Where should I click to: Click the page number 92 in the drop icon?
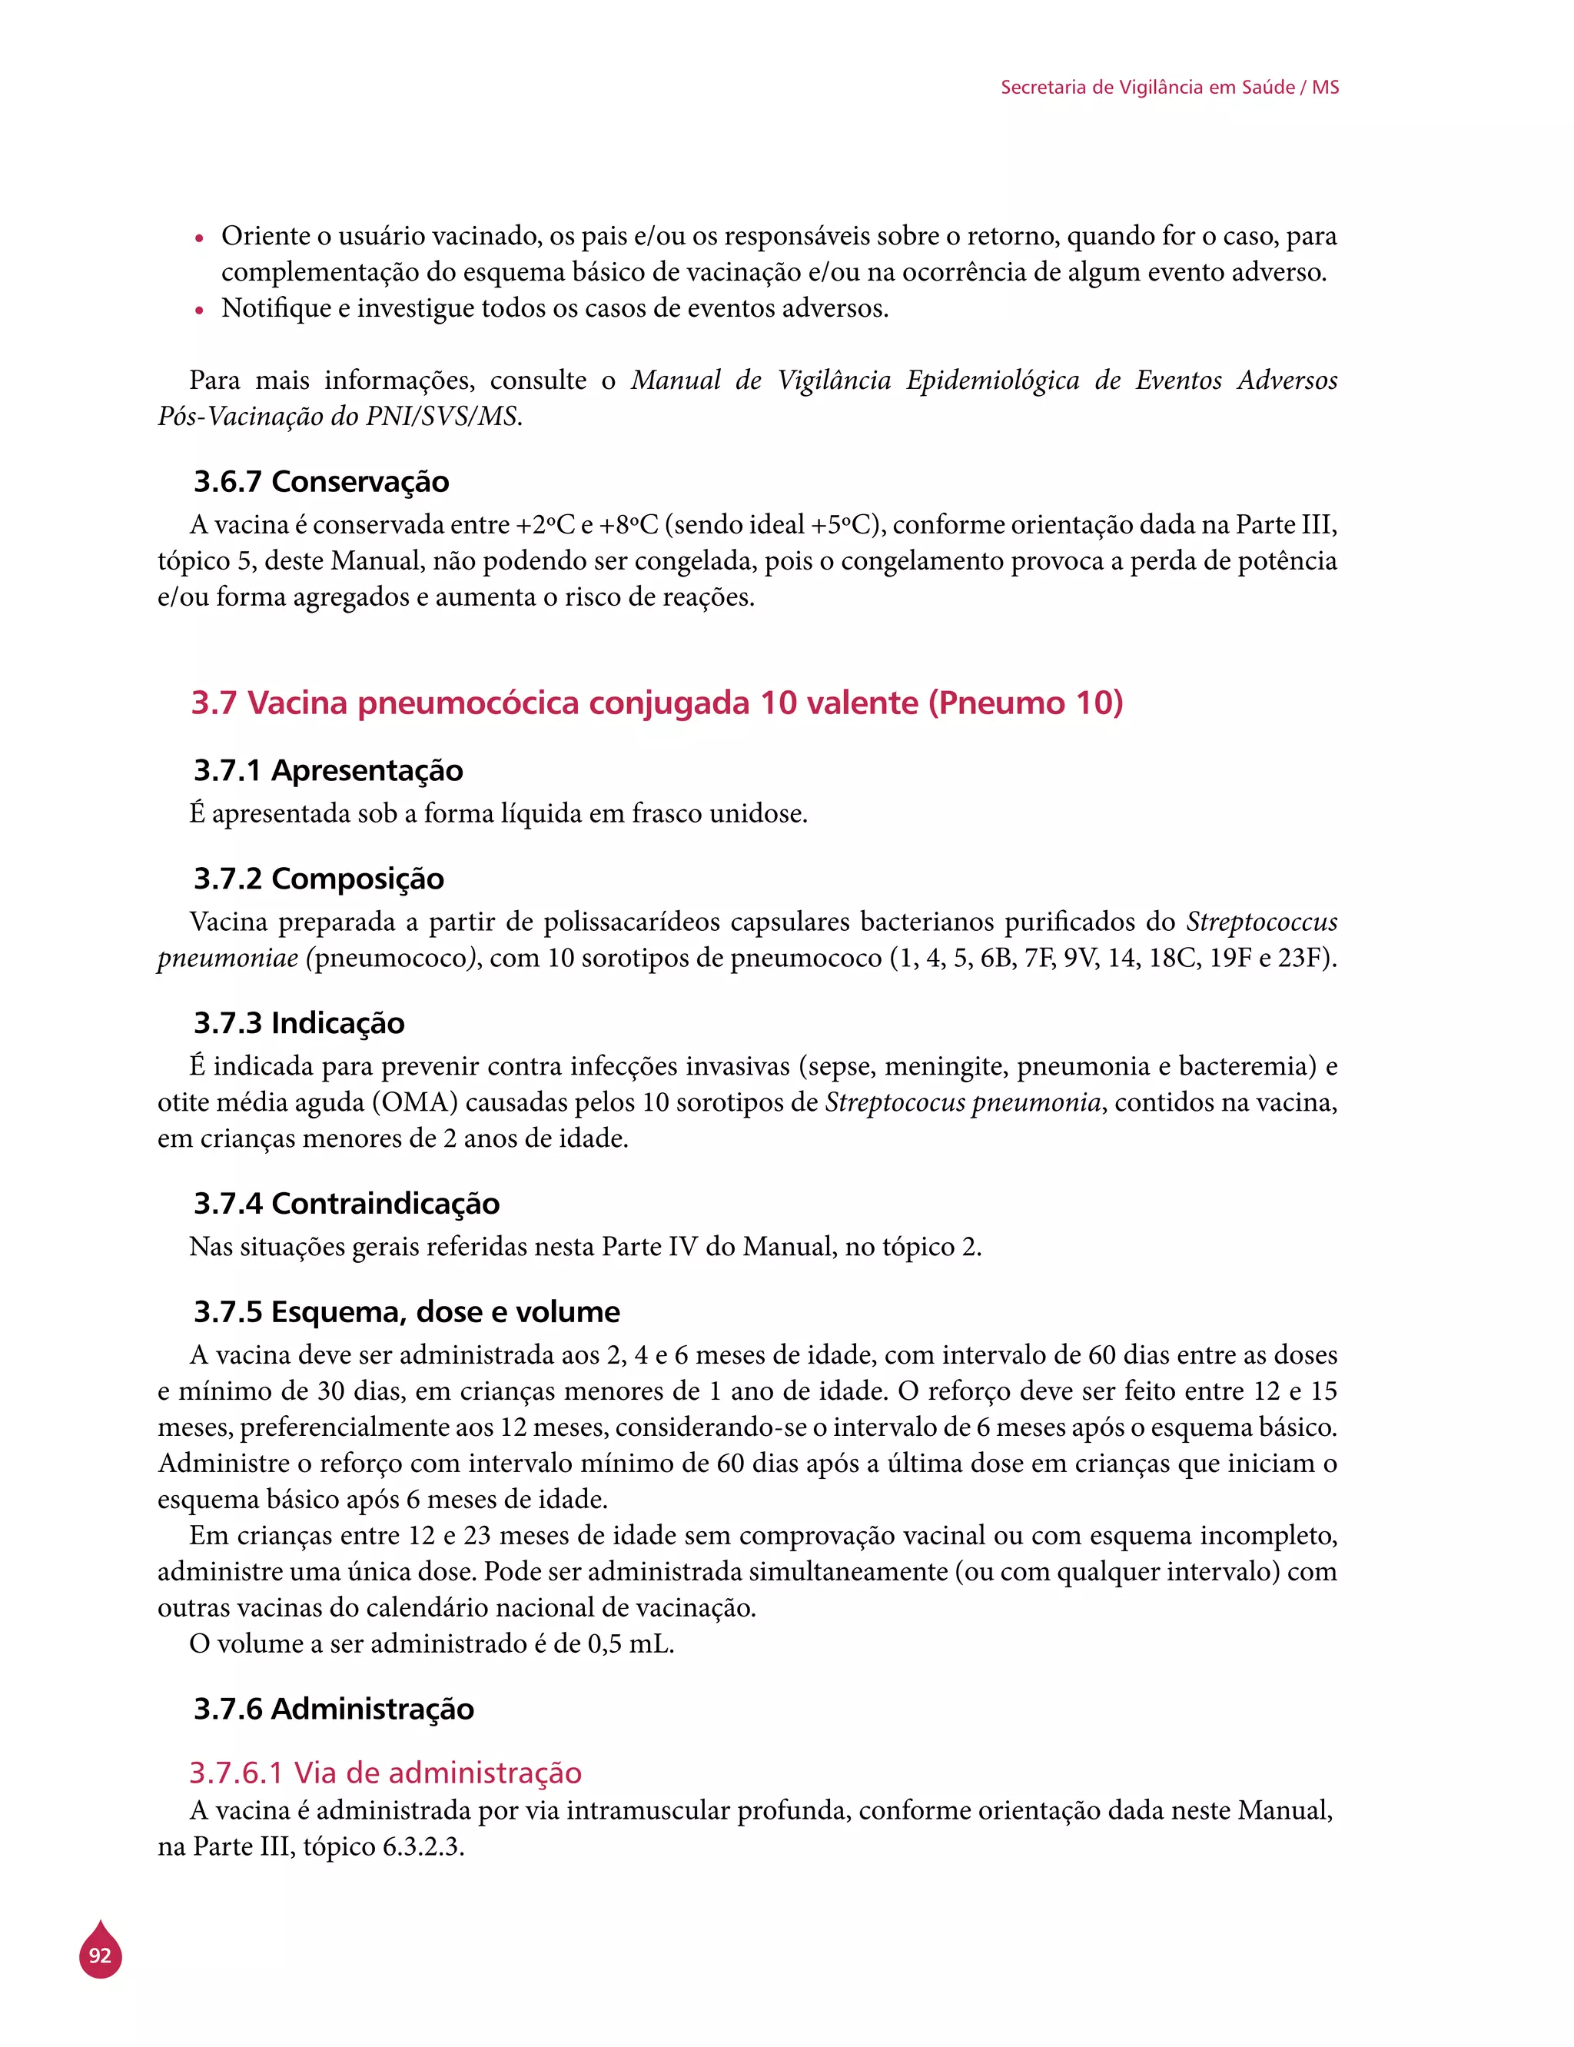point(100,1956)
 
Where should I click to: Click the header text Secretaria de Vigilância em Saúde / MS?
point(1169,87)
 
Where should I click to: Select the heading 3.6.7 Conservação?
point(321,481)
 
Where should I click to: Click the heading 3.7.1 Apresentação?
point(328,770)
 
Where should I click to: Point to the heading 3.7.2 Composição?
point(318,879)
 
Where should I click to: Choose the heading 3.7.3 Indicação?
point(299,1023)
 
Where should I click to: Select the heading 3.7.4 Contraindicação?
point(347,1203)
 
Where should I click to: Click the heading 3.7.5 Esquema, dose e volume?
point(407,1311)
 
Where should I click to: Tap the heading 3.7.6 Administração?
point(334,1709)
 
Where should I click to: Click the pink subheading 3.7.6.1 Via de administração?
point(385,1773)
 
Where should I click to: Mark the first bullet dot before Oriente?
point(198,239)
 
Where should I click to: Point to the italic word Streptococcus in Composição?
point(1261,922)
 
